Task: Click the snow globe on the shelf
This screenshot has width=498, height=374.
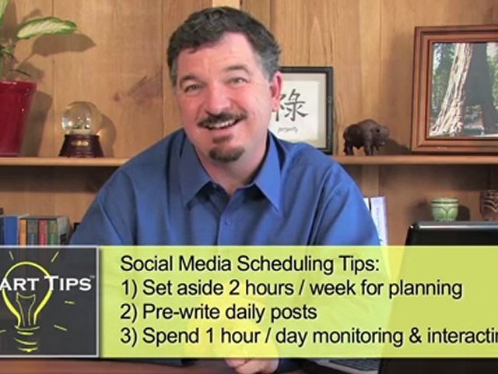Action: point(81,127)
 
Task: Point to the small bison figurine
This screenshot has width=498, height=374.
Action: point(365,136)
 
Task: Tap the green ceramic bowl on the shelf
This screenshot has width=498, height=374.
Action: point(444,209)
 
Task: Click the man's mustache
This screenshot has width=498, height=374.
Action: point(221,122)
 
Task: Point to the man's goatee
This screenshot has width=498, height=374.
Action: point(226,153)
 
